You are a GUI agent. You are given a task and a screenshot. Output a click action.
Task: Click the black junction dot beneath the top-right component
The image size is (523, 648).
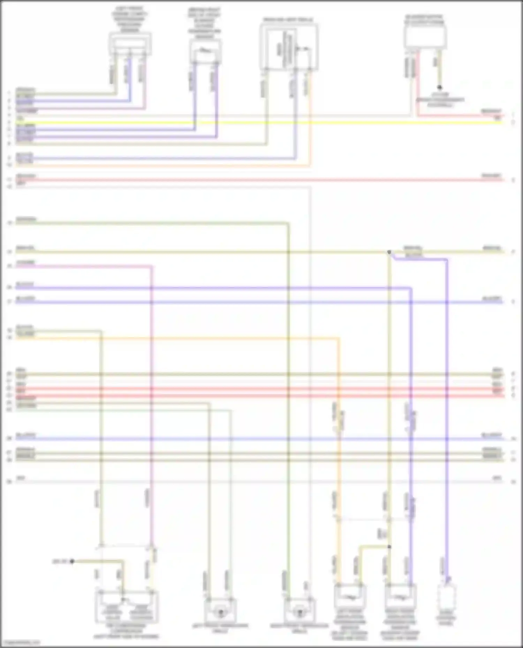(439, 87)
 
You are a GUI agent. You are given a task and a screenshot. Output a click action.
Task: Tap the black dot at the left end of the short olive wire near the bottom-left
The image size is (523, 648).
(72, 561)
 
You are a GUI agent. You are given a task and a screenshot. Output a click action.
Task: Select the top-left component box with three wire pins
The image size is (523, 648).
(130, 44)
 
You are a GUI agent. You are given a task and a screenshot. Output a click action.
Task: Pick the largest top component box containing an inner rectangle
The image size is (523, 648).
(289, 47)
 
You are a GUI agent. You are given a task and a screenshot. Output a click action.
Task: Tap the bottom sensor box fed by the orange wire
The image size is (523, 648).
(350, 596)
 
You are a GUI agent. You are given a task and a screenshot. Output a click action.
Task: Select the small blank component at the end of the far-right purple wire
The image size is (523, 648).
(447, 596)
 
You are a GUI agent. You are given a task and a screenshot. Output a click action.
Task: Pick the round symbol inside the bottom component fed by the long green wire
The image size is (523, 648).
(299, 612)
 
